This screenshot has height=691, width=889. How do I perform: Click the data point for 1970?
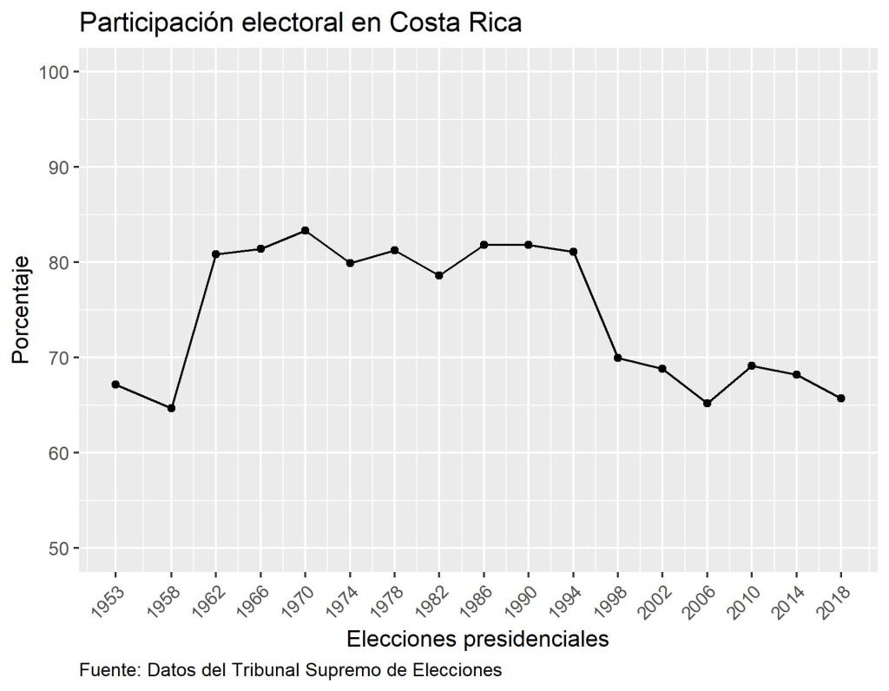tap(305, 231)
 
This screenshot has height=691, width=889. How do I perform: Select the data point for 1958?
tap(171, 408)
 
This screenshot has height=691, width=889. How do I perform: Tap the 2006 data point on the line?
tap(708, 403)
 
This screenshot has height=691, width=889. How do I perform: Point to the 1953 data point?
tap(115, 385)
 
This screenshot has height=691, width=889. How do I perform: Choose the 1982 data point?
tap(439, 275)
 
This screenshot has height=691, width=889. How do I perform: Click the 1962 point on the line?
tap(215, 254)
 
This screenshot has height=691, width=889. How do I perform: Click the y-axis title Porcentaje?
tap(21, 310)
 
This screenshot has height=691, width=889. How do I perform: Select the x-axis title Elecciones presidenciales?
tap(477, 640)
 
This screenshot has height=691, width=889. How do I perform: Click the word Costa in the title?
tap(420, 23)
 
